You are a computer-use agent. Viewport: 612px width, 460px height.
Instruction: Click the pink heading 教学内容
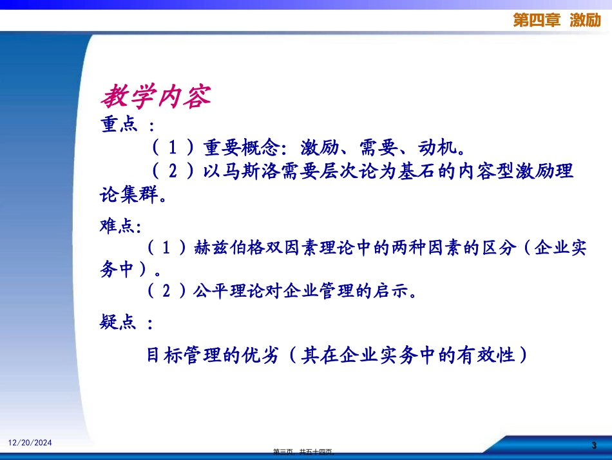click(155, 97)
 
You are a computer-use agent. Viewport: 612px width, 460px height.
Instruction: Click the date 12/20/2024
click(30, 443)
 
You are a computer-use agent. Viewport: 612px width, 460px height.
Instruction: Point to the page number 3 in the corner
click(594, 446)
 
